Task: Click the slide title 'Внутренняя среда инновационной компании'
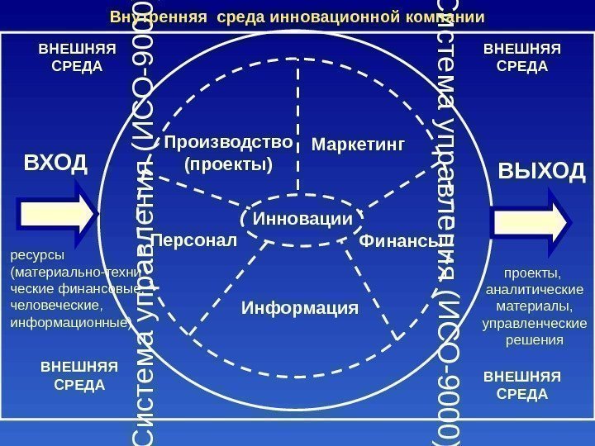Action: [297, 17]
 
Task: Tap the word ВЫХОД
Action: [542, 172]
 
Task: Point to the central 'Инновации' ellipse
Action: [302, 219]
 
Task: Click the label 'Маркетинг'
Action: [359, 145]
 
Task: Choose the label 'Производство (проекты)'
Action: [229, 153]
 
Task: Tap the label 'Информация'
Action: [300, 308]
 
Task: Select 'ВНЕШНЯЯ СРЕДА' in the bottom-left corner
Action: [79, 375]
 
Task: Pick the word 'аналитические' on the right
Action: [533, 289]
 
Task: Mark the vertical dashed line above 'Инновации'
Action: [297, 132]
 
